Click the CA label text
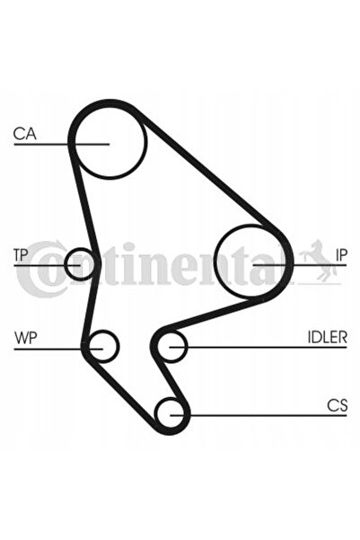tap(24, 134)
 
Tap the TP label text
tap(21, 255)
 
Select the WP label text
tap(25, 338)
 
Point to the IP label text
tap(341, 255)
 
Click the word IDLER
tap(327, 337)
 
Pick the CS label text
tap(337, 405)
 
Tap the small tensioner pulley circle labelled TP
tap(80, 249)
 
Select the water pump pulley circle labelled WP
tap(103, 331)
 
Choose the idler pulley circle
tap(171, 332)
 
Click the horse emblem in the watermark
tap(319, 261)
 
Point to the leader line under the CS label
tap(259, 415)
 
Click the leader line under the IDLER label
tap(259, 347)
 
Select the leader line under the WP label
tap(58, 350)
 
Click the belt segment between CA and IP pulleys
tap(209, 171)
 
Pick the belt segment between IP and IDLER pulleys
tap(210, 314)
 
